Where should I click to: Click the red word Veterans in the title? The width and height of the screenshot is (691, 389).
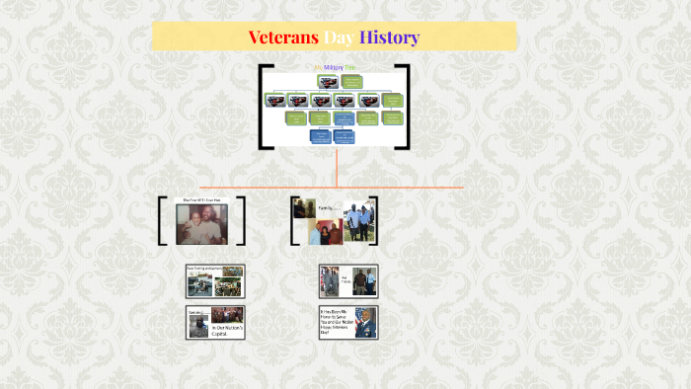[x=282, y=38]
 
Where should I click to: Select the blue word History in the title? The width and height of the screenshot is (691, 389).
[x=389, y=38]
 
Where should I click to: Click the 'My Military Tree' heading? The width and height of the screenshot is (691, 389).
[x=335, y=67]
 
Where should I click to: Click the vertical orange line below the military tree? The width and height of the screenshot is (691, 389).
[x=337, y=166]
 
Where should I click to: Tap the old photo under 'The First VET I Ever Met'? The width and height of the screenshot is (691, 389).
[x=201, y=225]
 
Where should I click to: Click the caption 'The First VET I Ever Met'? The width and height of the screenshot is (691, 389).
[x=201, y=200]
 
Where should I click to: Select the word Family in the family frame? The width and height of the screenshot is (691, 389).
[x=325, y=208]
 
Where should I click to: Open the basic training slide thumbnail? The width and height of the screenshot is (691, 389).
[x=215, y=281]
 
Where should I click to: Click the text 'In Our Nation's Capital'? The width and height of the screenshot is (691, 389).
[x=227, y=327]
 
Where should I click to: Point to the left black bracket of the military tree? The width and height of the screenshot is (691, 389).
[x=262, y=107]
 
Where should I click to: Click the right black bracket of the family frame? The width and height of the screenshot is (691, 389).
[x=374, y=220]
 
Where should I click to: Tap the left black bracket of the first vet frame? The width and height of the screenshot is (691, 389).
[x=162, y=220]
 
